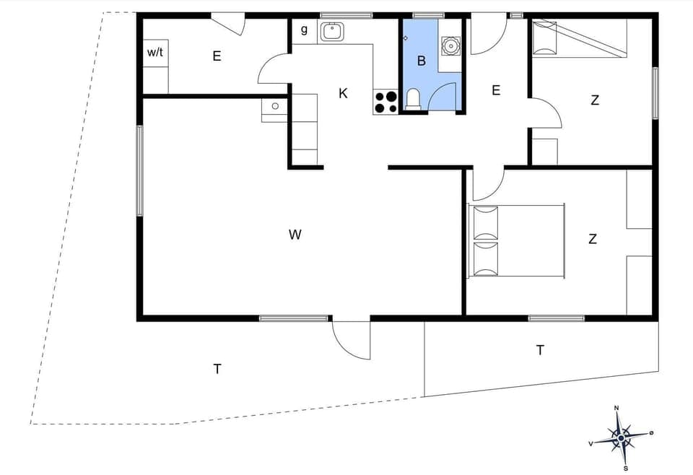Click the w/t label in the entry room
(155, 52)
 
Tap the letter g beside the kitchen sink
(304, 30)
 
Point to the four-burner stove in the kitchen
(385, 102)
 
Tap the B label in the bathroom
(422, 61)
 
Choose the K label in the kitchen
(344, 93)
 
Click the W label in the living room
(295, 234)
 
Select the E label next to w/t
(217, 56)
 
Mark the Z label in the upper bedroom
(595, 100)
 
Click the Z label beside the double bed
(593, 239)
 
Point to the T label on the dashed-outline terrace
(217, 369)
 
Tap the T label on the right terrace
(540, 350)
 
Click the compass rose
(620, 436)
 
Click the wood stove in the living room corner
(274, 107)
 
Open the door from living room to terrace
(351, 338)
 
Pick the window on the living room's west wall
(140, 170)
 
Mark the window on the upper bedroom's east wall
(655, 92)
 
